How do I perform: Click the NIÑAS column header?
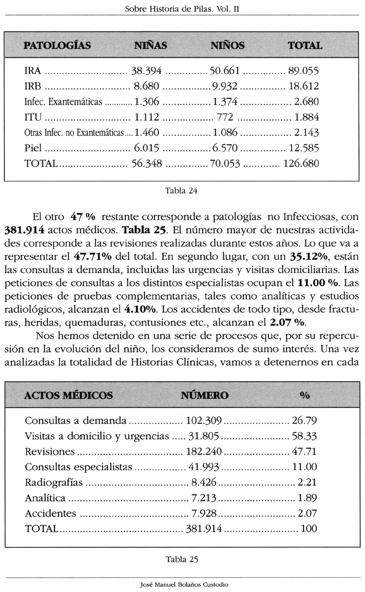151,45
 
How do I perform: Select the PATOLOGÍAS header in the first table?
57,45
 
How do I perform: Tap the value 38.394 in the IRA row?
146,71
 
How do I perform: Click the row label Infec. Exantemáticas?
64,103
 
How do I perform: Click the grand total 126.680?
301,163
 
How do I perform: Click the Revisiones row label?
49,451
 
